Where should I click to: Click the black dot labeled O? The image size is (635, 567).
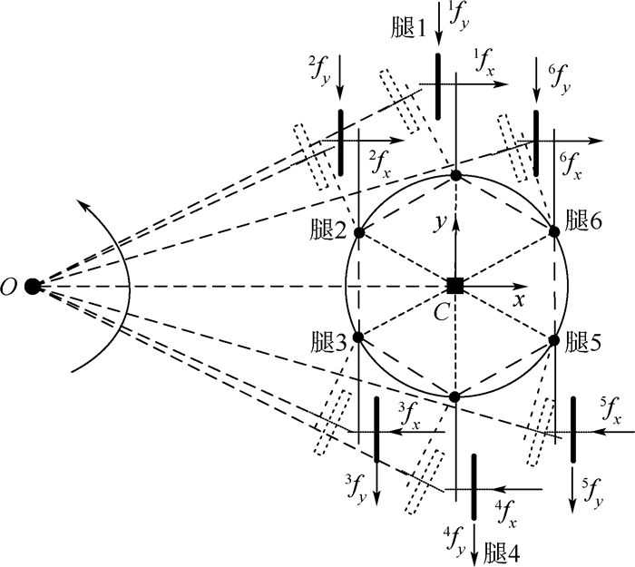(34, 286)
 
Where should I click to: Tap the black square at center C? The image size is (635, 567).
(455, 286)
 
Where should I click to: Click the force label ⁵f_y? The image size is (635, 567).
(591, 494)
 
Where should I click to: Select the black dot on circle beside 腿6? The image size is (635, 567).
(553, 231)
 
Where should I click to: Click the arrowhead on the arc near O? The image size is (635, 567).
(81, 209)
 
